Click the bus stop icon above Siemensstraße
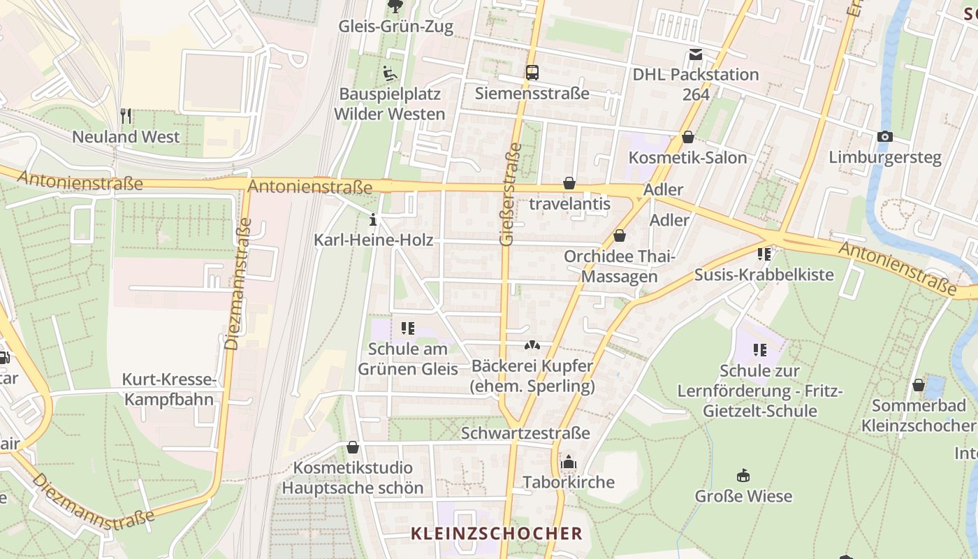coord(532,72)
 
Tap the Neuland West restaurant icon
coord(126,116)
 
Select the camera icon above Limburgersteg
coord(885,136)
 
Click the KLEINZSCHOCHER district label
coord(496,533)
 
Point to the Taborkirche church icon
coord(569,462)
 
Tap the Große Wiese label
coord(743,496)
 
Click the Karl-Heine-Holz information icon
coord(373,220)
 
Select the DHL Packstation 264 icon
coord(695,54)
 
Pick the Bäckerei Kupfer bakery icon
coord(532,345)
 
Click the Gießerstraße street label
coord(511,194)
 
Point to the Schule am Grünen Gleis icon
coord(408,328)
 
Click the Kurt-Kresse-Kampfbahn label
coord(168,389)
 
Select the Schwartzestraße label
coord(535,433)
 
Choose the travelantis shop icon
coord(569,183)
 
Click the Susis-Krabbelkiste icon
coord(764,254)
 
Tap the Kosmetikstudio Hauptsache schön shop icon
coord(353,447)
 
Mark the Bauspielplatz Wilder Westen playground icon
coord(390,73)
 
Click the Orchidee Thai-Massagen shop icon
coord(619,236)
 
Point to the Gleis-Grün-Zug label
coord(395,27)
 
